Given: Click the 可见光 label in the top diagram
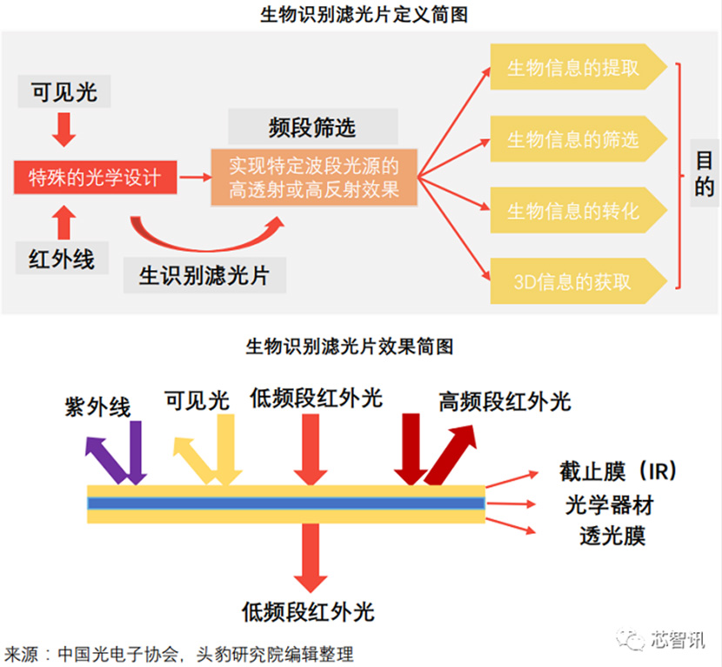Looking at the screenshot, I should (64, 92).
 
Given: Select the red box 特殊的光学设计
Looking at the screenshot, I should (96, 179).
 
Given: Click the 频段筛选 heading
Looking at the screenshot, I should (312, 128).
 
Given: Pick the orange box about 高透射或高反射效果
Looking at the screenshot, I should (314, 178).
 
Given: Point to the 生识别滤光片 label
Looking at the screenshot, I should (204, 276).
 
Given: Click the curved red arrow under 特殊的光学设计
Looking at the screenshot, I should (209, 233).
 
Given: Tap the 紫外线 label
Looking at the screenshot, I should (97, 407).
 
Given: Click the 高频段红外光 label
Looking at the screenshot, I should (505, 401).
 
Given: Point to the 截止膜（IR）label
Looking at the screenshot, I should (618, 472).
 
